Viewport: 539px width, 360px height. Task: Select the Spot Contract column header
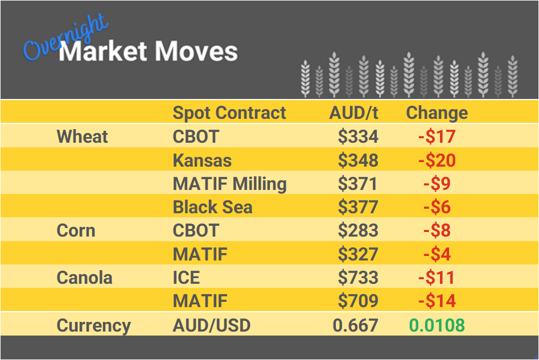coord(229,113)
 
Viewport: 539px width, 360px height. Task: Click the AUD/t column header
coord(353,113)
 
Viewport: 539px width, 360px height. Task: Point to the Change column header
coord(437,113)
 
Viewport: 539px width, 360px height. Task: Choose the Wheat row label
coord(83,136)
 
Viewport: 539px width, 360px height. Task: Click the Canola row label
coord(84,278)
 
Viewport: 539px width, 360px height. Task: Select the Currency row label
coord(93,326)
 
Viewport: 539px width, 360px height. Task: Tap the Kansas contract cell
coord(202,160)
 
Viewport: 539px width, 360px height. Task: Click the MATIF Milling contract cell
coord(229,184)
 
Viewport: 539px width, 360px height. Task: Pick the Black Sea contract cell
coord(212,208)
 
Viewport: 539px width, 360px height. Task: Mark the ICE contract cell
coord(186,278)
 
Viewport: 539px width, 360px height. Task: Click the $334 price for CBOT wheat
coord(357,136)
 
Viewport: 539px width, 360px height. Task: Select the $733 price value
coord(357,278)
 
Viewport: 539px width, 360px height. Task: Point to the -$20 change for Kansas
coord(437,160)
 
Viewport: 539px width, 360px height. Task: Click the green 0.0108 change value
coord(437,326)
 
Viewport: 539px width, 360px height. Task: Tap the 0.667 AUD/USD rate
coord(355,326)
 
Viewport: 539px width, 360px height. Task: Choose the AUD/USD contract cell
coord(211,326)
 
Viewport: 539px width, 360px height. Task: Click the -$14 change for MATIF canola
coord(437,301)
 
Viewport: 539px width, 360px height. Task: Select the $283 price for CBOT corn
coord(357,231)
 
